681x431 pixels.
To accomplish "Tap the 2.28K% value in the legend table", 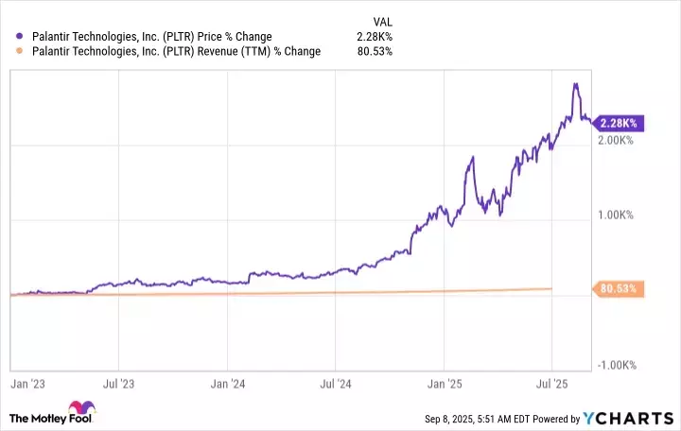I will pyautogui.click(x=375, y=37).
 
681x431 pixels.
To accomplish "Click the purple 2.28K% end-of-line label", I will pyautogui.click(x=621, y=123).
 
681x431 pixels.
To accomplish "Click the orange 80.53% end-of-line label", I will pyautogui.click(x=621, y=288).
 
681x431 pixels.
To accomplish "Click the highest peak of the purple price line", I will pyautogui.click(x=576, y=84).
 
